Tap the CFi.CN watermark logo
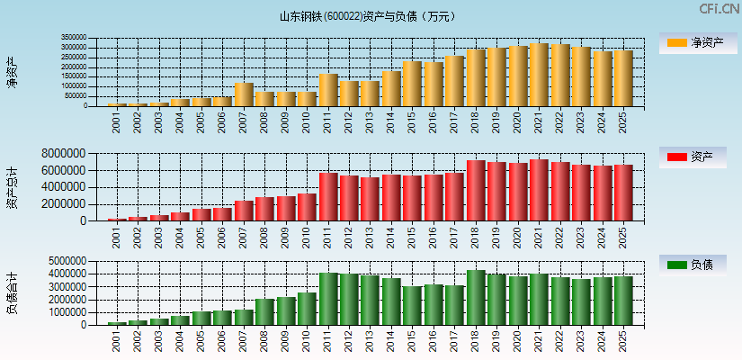click(719, 9)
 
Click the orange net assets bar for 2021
click(539, 75)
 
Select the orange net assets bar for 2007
click(244, 94)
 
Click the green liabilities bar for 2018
click(476, 298)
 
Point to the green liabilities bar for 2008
click(264, 312)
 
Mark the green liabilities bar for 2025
click(623, 301)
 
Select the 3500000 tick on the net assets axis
click(74, 39)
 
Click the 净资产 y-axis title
click(12, 72)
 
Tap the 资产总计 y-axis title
click(12, 187)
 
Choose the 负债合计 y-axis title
click(12, 293)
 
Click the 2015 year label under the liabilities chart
click(412, 340)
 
